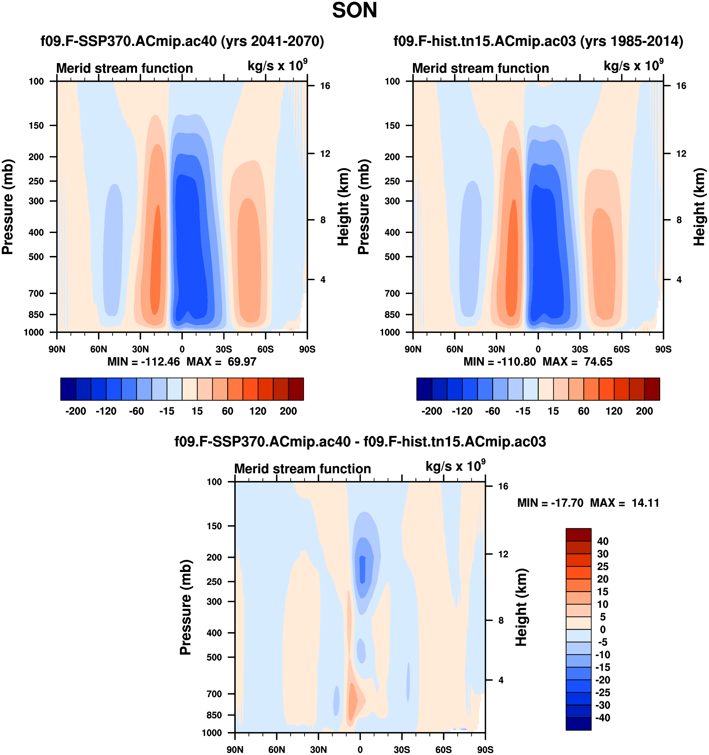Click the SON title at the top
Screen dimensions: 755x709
[354, 11]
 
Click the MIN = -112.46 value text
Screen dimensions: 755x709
[144, 362]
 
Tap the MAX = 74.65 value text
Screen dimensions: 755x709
[577, 362]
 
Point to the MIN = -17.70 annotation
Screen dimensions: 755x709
[550, 503]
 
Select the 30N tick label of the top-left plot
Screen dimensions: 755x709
[140, 349]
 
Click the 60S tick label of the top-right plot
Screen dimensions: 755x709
[621, 349]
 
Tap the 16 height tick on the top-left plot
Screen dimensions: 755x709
[325, 86]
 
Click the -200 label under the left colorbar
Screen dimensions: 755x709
[75, 411]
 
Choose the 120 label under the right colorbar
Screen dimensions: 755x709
[614, 411]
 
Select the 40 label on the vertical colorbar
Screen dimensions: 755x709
[603, 541]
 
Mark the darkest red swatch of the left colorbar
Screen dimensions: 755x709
[296, 389]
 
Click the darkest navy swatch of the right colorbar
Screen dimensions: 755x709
[424, 389]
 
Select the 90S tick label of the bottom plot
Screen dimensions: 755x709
[485, 750]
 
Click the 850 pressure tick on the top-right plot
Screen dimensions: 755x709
[392, 315]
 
